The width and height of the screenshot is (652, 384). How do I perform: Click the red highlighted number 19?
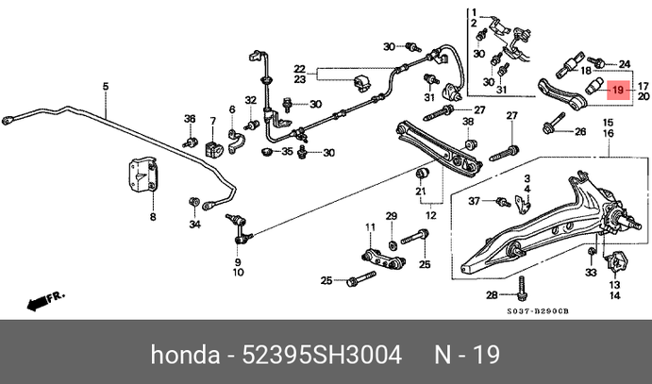(x=617, y=90)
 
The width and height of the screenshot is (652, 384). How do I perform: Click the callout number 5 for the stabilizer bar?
(x=106, y=88)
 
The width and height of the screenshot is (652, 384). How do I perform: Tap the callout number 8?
(x=152, y=217)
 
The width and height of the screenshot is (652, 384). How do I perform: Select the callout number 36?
(x=189, y=119)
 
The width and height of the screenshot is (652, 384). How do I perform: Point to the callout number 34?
(x=194, y=225)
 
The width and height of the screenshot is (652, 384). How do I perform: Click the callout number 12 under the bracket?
(x=430, y=215)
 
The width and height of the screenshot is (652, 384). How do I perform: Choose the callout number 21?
(x=421, y=192)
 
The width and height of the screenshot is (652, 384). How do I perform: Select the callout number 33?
(x=592, y=272)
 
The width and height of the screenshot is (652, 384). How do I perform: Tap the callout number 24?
(x=598, y=64)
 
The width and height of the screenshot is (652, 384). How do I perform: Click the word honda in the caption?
(x=182, y=356)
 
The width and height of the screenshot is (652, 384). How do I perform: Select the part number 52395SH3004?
(x=322, y=356)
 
